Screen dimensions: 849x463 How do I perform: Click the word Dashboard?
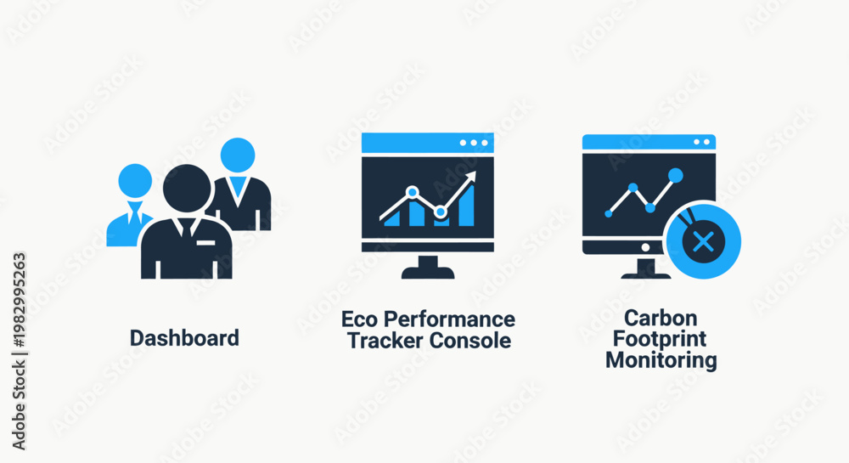184,338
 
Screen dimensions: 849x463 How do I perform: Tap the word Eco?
360,319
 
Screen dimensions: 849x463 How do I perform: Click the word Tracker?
385,341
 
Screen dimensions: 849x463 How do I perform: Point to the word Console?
470,341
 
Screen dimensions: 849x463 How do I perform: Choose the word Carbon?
661,318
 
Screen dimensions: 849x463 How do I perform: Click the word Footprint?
660,339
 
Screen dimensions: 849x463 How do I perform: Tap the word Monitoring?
661,360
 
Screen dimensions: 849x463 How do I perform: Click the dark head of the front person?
187,189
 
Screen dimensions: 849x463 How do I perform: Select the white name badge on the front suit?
205,243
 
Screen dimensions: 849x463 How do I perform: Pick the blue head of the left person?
135,180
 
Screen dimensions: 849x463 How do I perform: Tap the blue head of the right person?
238,155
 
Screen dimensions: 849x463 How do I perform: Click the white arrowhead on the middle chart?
470,177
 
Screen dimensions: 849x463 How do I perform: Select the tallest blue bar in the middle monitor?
466,206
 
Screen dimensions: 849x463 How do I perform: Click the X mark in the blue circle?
703,241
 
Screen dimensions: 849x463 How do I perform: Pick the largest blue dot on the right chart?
676,175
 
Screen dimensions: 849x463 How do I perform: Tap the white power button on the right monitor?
645,247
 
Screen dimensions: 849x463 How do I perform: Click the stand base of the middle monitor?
428,273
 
